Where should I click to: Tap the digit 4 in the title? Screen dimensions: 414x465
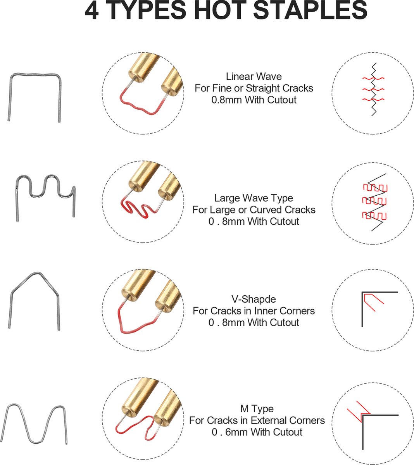coord(91,10)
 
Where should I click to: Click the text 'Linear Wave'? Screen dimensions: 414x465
coord(254,77)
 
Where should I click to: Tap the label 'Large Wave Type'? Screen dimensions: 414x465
coord(254,198)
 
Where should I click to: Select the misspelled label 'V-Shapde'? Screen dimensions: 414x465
coord(254,299)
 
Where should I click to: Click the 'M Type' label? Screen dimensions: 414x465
coord(257,409)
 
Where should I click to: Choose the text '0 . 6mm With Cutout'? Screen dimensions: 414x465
coord(257,432)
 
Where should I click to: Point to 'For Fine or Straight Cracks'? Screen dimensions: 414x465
coord(254,88)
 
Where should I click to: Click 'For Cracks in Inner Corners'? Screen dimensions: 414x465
coord(254,311)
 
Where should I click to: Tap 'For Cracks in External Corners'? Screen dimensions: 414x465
coord(257,420)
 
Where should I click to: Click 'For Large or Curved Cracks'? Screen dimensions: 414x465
coord(254,210)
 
